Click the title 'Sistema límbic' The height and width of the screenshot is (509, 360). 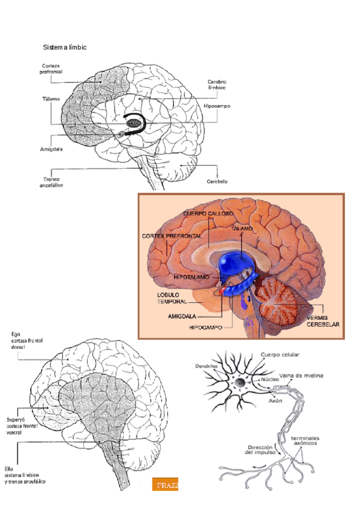[64, 47]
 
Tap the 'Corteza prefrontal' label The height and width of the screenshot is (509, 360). [53, 70]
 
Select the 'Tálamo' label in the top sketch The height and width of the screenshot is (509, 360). [51, 98]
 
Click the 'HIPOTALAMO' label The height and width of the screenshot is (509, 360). [191, 278]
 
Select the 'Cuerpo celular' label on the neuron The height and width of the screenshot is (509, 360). [280, 355]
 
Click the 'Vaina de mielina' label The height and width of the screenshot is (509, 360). [301, 376]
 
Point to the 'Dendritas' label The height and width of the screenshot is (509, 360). [206, 366]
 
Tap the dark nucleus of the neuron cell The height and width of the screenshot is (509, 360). [239, 382]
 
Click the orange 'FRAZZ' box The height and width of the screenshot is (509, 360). [165, 484]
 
